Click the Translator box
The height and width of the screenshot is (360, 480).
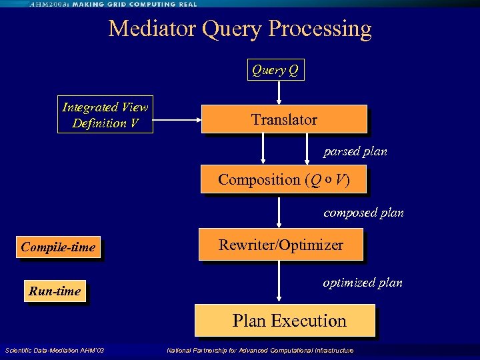284,119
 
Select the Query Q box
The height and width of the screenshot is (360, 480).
275,69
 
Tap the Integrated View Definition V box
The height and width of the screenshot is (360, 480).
105,115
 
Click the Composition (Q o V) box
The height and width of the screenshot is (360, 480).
283,179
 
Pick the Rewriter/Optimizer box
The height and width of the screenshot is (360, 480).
281,245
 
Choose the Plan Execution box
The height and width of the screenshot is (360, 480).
285,321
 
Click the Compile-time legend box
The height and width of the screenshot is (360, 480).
58,247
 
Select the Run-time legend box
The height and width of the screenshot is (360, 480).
55,291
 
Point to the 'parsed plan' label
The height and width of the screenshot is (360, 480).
355,151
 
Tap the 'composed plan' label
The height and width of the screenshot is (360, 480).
363,213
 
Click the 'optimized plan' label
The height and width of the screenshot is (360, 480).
363,282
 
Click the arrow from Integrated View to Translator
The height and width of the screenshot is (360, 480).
177,120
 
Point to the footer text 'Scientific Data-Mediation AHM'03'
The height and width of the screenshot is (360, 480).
55,351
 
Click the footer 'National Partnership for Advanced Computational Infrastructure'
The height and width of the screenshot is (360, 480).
260,351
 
